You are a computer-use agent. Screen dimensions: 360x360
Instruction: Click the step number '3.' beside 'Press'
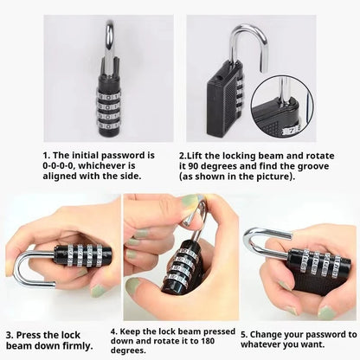[x=9, y=333]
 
